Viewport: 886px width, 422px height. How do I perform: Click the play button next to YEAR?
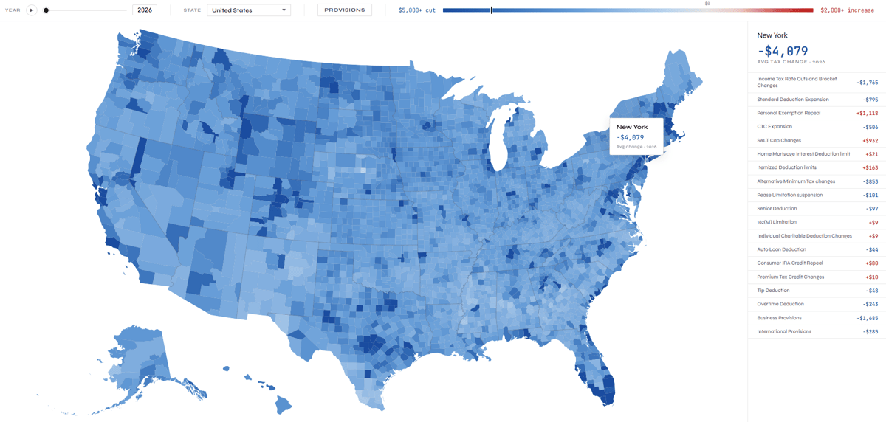tap(31, 10)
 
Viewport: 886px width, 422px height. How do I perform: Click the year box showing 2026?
tap(145, 10)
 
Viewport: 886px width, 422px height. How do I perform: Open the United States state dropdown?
tap(249, 10)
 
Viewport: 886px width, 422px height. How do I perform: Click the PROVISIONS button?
tap(345, 10)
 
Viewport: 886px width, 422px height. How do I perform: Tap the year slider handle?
tap(46, 10)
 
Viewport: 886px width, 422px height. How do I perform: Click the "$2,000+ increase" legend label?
tap(847, 10)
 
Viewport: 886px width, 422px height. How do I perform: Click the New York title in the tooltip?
tap(632, 127)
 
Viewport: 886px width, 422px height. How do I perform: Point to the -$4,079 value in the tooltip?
tap(632, 137)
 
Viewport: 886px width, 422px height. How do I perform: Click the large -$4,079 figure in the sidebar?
tap(783, 51)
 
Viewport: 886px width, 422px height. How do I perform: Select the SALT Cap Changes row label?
tap(779, 140)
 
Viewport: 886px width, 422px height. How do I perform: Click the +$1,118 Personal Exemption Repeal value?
tap(867, 114)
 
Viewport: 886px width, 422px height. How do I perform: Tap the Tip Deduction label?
tap(773, 291)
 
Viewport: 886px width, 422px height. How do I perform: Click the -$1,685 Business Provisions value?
tap(867, 318)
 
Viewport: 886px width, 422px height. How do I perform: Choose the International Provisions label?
tap(784, 331)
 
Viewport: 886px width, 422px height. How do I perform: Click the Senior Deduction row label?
tap(777, 209)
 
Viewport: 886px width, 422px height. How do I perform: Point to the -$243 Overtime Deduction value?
tap(870, 305)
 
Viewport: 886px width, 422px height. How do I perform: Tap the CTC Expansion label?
tap(775, 127)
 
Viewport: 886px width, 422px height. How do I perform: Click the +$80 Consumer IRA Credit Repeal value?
tap(871, 263)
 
